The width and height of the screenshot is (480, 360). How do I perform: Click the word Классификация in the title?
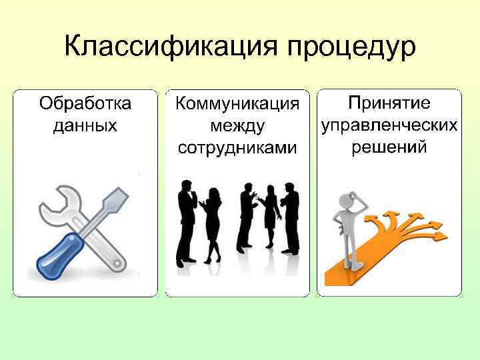tap(171, 47)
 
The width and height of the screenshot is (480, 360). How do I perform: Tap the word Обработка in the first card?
tap(85, 105)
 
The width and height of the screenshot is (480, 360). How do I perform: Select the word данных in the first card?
tap(85, 125)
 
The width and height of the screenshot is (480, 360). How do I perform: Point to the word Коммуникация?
tap(237, 105)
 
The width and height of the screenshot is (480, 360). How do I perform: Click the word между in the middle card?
tap(237, 126)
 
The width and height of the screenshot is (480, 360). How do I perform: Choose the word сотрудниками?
tap(237, 147)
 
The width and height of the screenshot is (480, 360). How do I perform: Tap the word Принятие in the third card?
tap(389, 104)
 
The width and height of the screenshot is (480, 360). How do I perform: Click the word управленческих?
tap(389, 125)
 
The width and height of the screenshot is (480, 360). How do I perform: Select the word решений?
tap(389, 147)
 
